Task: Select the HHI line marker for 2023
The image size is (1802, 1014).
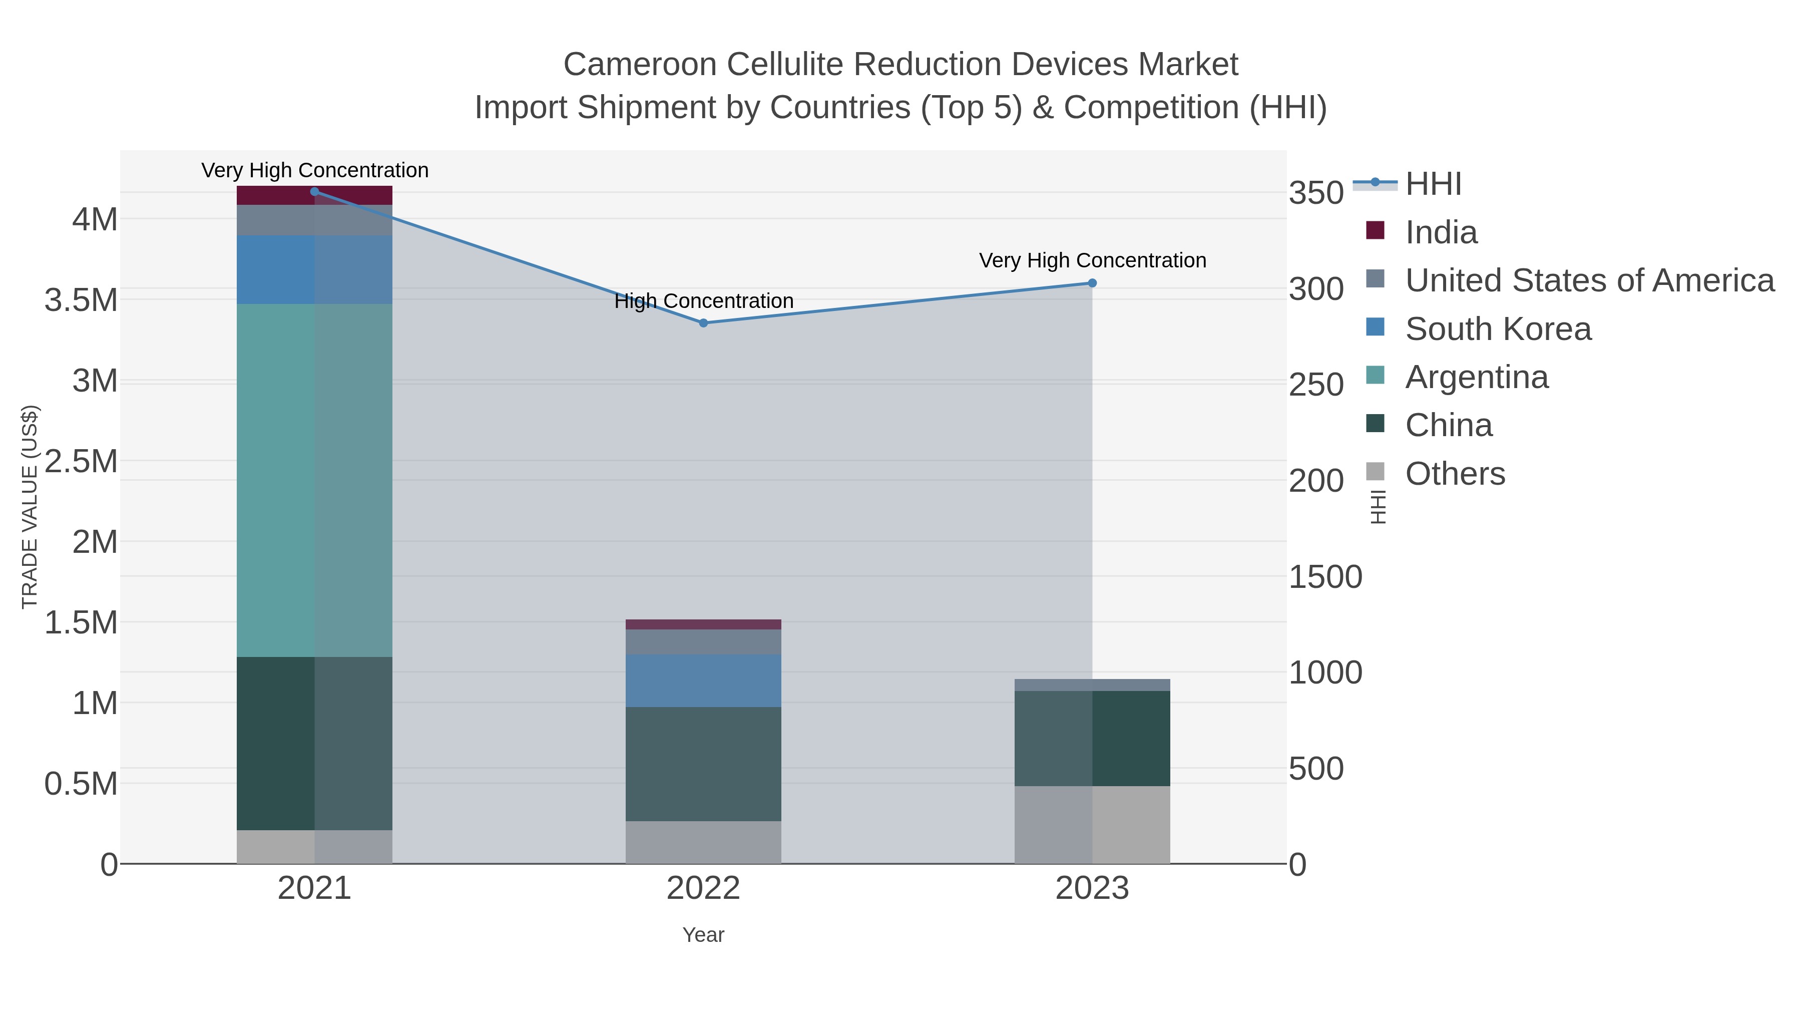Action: tap(1092, 283)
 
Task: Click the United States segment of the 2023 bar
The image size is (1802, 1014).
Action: tap(1092, 685)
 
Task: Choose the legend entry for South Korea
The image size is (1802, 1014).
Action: tap(1498, 329)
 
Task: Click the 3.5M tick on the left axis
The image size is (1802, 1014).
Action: tap(81, 300)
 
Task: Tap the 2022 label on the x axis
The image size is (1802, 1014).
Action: tap(703, 889)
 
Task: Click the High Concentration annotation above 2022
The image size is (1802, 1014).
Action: tap(704, 301)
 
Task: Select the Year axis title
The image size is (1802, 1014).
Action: tap(703, 935)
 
